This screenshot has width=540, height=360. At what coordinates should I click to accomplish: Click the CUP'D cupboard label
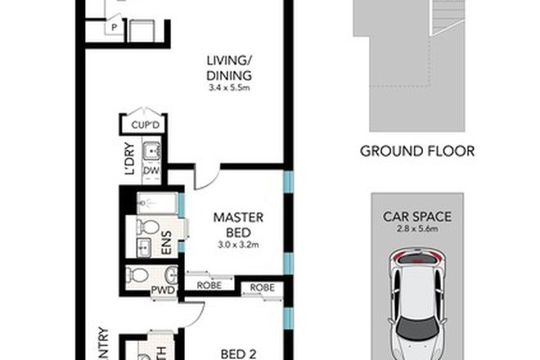pyautogui.click(x=145, y=125)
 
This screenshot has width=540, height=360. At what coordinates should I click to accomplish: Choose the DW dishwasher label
pyautogui.click(x=151, y=171)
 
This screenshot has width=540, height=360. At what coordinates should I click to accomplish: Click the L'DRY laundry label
pyautogui.click(x=129, y=160)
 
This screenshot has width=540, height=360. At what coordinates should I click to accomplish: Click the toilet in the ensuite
pyautogui.click(x=148, y=227)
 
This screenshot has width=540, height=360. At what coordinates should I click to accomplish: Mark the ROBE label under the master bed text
pyautogui.click(x=262, y=287)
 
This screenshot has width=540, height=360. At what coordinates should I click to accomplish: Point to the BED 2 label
pyautogui.click(x=242, y=354)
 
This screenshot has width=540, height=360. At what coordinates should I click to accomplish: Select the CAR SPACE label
pyautogui.click(x=418, y=218)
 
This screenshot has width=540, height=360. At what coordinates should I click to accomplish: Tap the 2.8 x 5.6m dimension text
pyautogui.click(x=418, y=234)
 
